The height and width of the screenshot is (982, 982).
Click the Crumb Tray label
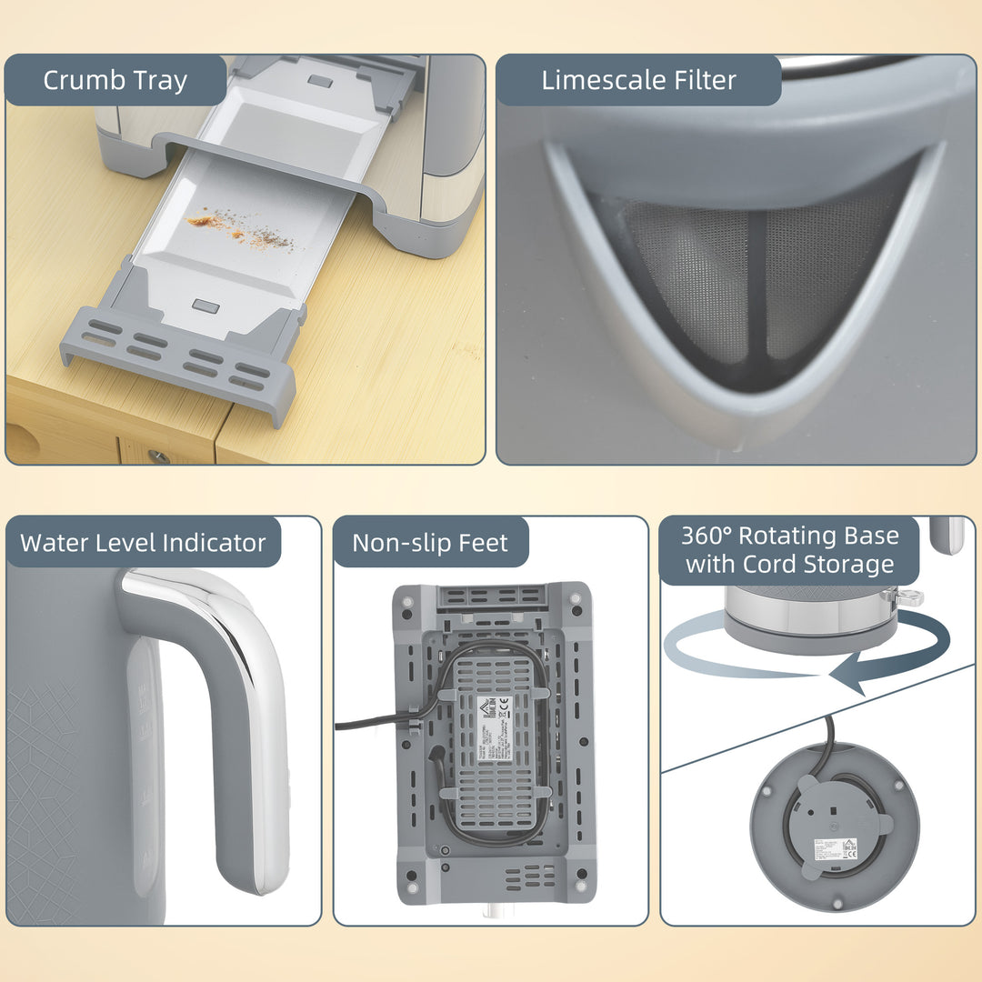[115, 80]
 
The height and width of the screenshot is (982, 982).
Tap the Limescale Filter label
[638, 80]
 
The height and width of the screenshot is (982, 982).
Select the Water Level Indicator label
[143, 543]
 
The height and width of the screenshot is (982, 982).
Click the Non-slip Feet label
[429, 543]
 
